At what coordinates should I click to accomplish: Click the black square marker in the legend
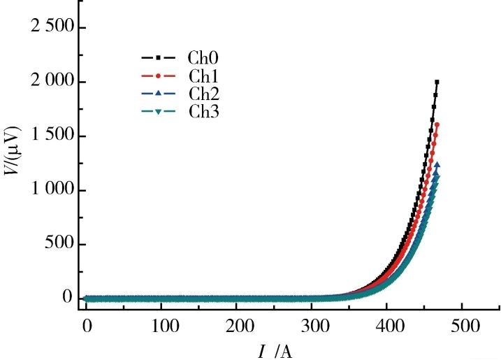(x=158, y=57)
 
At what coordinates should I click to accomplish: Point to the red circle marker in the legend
(x=158, y=75)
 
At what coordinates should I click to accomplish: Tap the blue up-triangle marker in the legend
(x=158, y=93)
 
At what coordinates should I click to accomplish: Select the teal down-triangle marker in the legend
(x=158, y=110)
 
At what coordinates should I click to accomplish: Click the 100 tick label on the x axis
(x=161, y=326)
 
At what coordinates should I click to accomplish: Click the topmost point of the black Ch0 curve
(x=437, y=82)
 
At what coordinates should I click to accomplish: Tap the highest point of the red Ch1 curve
(x=437, y=124)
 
